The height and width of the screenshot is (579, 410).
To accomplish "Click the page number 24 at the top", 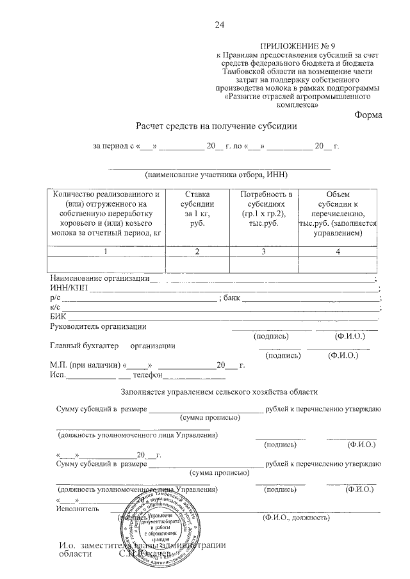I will pyautogui.click(x=220, y=26).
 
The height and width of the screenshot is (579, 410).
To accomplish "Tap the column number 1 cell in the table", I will pyautogui.click(x=106, y=251).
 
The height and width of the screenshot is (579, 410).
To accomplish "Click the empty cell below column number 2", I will pyautogui.click(x=197, y=264).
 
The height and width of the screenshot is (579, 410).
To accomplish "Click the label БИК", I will pyautogui.click(x=58, y=317).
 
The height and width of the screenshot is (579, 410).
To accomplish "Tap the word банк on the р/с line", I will pyautogui.click(x=232, y=297).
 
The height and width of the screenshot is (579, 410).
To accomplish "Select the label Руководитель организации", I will pyautogui.click(x=98, y=327).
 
